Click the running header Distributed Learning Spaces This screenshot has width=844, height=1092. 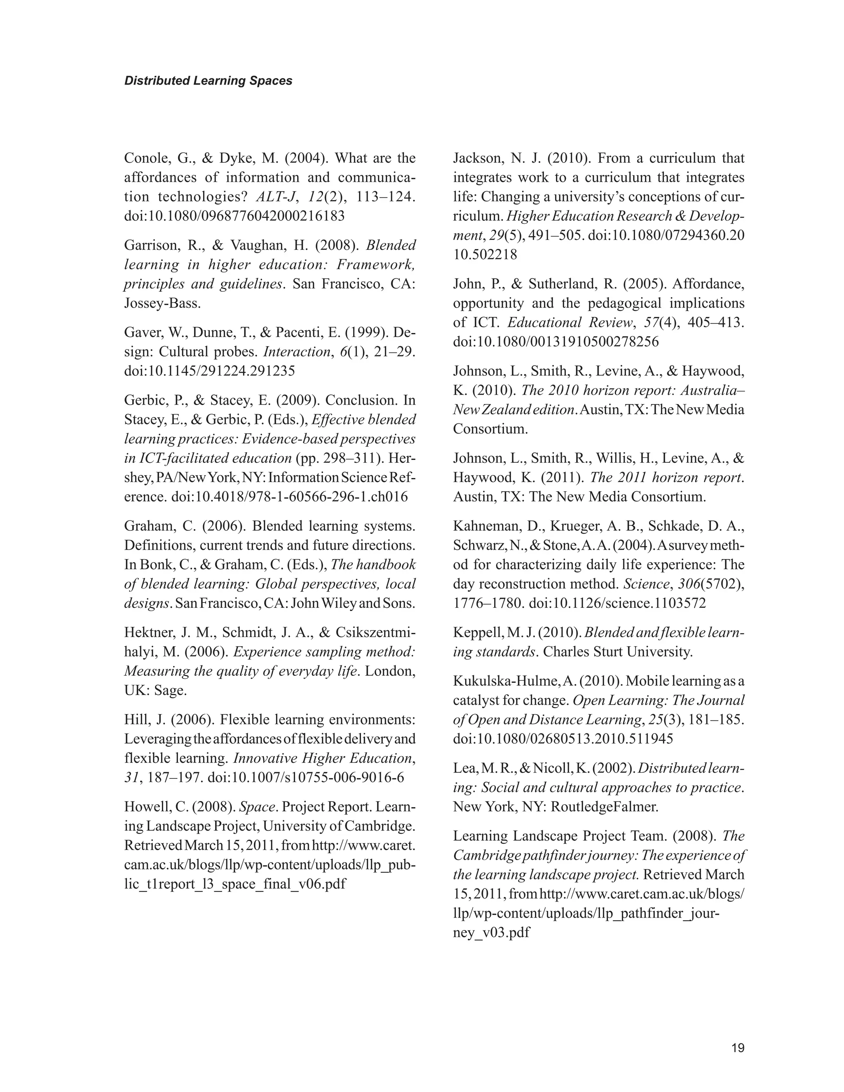point(208,80)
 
